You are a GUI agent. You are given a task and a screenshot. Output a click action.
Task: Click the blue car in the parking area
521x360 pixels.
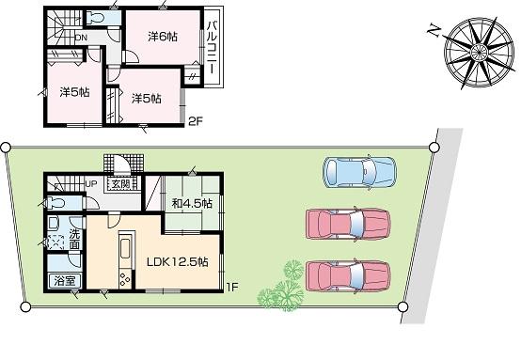359,171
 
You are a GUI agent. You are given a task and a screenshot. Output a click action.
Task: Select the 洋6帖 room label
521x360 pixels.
163,37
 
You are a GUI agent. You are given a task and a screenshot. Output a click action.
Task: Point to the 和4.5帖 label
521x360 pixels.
192,202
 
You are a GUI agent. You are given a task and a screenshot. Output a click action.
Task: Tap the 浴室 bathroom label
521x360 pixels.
65,280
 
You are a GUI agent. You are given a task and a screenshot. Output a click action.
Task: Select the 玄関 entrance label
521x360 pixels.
122,183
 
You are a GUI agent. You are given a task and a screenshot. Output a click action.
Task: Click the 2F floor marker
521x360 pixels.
195,119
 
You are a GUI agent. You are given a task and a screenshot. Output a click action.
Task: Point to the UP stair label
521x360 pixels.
93,183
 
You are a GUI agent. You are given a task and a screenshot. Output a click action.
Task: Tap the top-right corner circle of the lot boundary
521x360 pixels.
434,147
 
